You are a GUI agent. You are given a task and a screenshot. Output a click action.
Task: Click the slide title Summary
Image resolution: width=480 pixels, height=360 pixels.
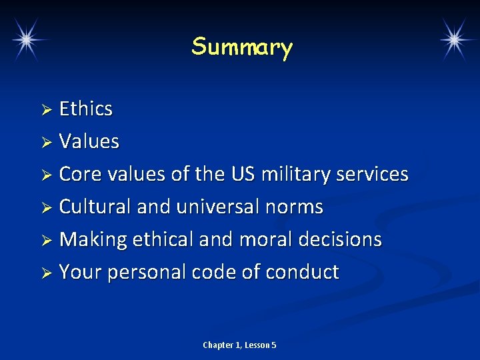pos(241,47)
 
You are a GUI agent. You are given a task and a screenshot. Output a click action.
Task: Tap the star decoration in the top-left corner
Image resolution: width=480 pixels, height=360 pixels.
pos(27,39)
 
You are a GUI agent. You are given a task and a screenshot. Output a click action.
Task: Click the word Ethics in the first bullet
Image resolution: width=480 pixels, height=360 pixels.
pos(86,109)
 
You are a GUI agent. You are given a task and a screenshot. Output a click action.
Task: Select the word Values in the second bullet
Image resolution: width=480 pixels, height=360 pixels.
pos(89,141)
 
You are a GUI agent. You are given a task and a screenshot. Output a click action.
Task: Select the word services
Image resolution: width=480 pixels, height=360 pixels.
pos(372,174)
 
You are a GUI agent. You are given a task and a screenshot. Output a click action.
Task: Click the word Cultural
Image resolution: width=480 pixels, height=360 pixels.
pos(95,207)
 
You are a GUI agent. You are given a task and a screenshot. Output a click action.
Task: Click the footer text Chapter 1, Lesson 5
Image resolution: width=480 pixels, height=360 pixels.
pos(239,345)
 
